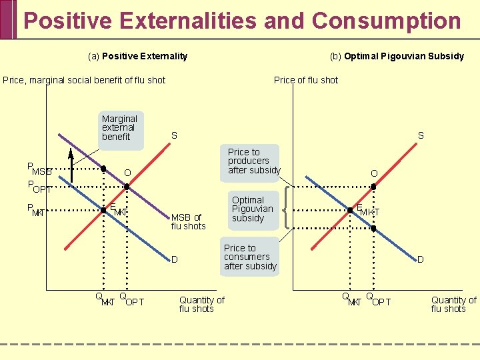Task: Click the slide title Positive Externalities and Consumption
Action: [x=242, y=21]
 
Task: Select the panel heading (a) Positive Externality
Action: [x=138, y=56]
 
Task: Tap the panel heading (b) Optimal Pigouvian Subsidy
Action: [x=397, y=56]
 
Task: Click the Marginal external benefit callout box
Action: [x=119, y=127]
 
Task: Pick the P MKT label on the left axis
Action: [x=36, y=210]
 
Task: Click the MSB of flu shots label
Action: [x=188, y=221]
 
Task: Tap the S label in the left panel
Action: [x=174, y=135]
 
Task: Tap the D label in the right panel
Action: [x=420, y=259]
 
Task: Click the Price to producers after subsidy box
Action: [x=254, y=161]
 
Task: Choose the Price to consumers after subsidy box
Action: [x=250, y=257]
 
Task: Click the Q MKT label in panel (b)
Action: [x=351, y=299]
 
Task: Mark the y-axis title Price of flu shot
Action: [x=306, y=80]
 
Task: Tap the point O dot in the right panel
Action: [x=373, y=187]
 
